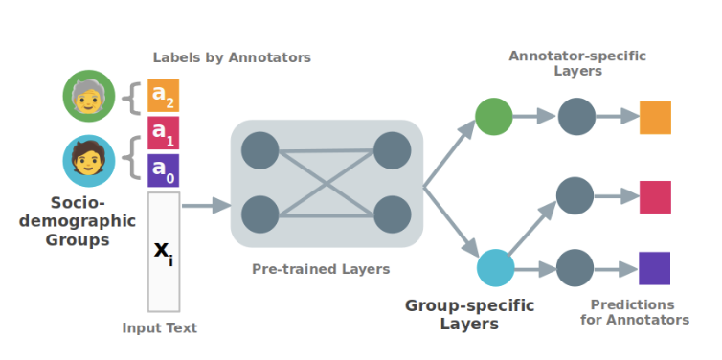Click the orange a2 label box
point(163,96)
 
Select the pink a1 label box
point(163,133)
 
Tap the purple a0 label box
point(163,170)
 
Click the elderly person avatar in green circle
point(88,98)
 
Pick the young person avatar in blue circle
point(88,159)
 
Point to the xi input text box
point(163,251)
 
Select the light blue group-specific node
point(495,267)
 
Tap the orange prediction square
point(655,118)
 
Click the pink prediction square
point(655,197)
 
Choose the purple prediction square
point(655,268)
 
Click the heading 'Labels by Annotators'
point(232,57)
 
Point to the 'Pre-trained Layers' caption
point(321,269)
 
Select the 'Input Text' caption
point(160,327)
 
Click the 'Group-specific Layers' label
point(469,314)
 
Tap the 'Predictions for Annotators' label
point(634,312)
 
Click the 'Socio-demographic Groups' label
point(78,221)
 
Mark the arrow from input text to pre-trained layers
point(206,205)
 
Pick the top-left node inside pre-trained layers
point(260,150)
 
